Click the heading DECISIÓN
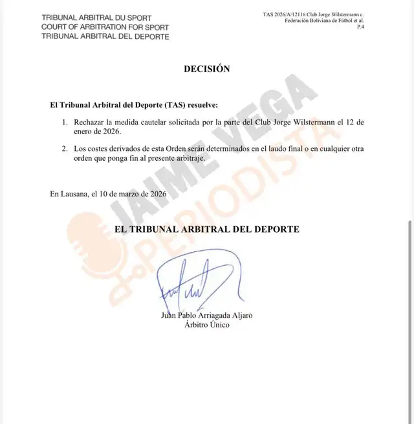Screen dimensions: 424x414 pyautogui.click(x=206, y=69)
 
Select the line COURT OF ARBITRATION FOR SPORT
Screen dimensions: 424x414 pyautogui.click(x=104, y=27)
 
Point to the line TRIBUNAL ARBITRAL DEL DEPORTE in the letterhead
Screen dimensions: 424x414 pyautogui.click(x=104, y=36)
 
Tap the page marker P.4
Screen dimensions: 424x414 pyautogui.click(x=360, y=27)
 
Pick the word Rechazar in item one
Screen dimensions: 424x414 pyautogui.click(x=89, y=122)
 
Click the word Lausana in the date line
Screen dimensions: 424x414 pyautogui.click(x=76, y=193)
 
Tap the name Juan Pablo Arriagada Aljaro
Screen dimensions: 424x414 pyautogui.click(x=206, y=316)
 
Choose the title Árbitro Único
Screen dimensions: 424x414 pyautogui.click(x=206, y=325)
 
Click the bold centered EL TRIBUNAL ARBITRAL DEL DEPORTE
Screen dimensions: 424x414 pyautogui.click(x=206, y=230)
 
